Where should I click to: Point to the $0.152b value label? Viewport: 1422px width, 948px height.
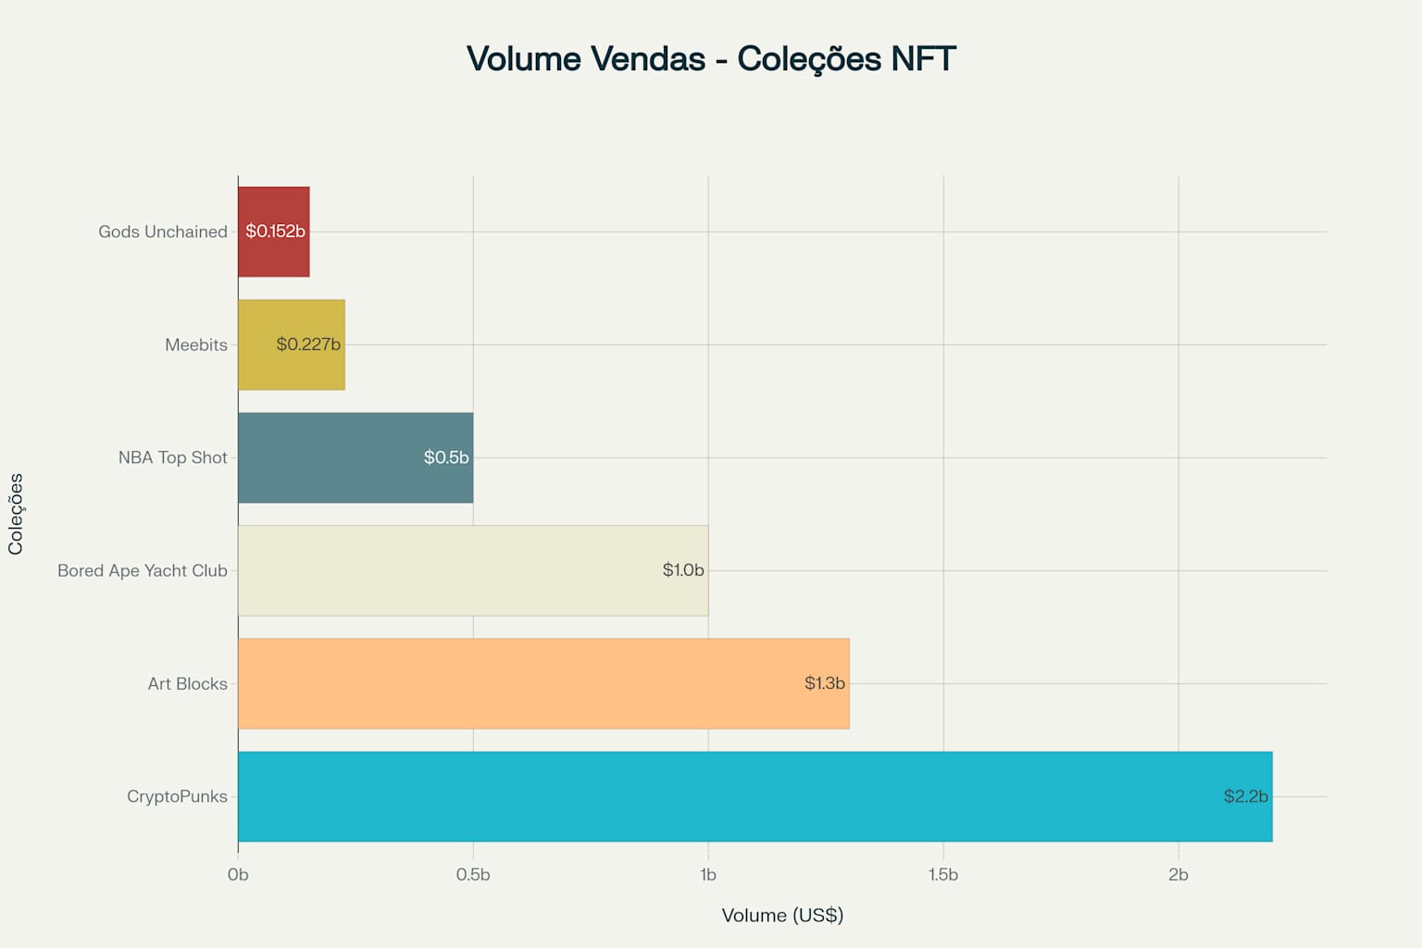point(275,231)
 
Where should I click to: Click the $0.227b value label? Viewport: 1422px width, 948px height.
point(308,344)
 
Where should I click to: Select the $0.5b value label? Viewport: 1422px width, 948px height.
point(446,457)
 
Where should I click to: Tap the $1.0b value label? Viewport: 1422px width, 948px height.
point(683,570)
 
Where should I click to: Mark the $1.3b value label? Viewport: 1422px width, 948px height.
point(824,683)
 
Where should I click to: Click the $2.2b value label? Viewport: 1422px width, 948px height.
point(1245,796)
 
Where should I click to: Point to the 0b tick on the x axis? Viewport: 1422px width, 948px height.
point(238,875)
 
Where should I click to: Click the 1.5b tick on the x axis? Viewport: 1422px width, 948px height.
point(943,875)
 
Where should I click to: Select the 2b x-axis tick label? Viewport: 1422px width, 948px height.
point(1179,875)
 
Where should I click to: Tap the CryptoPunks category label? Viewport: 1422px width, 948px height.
point(177,796)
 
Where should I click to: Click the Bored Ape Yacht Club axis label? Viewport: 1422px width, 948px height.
point(143,570)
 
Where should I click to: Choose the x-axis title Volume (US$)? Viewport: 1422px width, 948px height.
point(782,916)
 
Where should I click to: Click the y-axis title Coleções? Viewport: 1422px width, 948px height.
point(16,514)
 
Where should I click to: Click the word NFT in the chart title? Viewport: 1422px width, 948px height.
point(923,58)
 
